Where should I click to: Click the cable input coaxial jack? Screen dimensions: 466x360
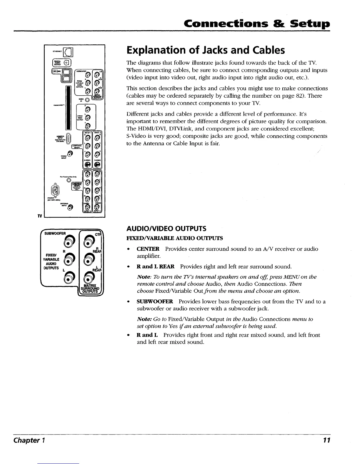(69, 153)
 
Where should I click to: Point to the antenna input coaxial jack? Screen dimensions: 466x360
(69, 208)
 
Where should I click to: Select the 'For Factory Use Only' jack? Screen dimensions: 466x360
(69, 180)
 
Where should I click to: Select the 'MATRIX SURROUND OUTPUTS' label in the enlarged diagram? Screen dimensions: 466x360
(90, 288)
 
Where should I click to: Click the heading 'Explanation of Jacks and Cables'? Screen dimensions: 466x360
(205, 51)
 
